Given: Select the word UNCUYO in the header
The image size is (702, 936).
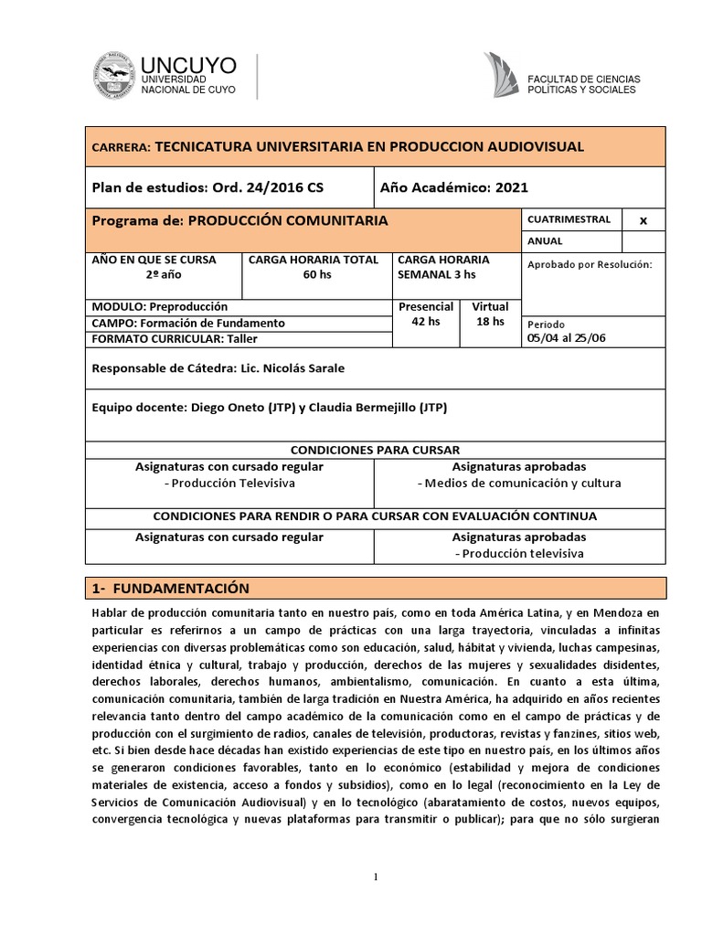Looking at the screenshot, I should pyautogui.click(x=188, y=64).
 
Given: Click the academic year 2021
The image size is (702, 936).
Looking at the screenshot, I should pyautogui.click(x=512, y=187).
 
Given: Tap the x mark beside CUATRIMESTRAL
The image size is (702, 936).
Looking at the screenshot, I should pyautogui.click(x=643, y=220).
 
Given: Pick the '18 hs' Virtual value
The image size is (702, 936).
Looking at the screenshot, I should pyautogui.click(x=491, y=322).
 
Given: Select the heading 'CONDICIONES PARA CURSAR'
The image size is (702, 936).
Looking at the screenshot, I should pyautogui.click(x=375, y=450).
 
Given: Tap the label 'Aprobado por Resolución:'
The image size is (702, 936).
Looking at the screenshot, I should pyautogui.click(x=590, y=264).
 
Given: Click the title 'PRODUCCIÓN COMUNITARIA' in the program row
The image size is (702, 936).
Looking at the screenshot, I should pyautogui.click(x=287, y=220).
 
